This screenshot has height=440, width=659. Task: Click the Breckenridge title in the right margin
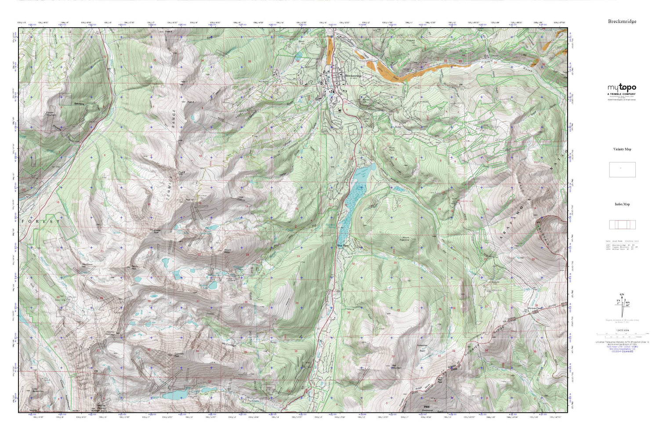(x=622, y=21)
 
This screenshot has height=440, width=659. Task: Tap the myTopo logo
(x=622, y=88)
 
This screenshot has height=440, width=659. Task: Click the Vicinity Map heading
(x=622, y=149)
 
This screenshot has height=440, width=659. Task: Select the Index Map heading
(x=622, y=204)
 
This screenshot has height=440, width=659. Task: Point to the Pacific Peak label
(x=134, y=267)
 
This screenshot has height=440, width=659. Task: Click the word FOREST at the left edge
(x=40, y=221)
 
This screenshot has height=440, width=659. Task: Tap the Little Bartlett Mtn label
(x=38, y=390)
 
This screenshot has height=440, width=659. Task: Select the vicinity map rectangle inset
(x=622, y=169)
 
